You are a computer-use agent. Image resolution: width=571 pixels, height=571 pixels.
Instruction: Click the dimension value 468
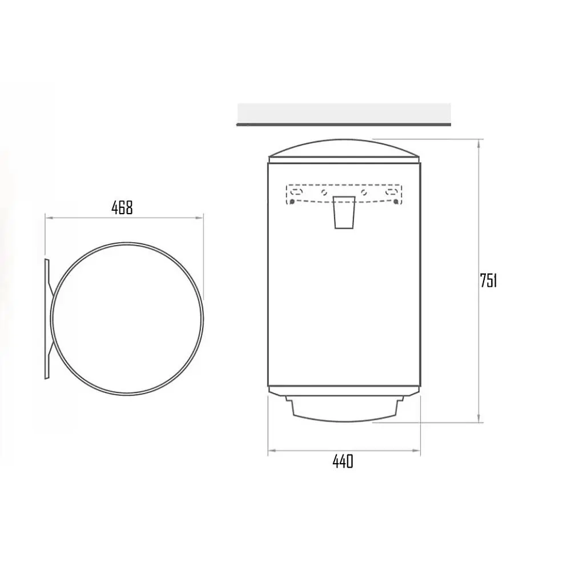122,208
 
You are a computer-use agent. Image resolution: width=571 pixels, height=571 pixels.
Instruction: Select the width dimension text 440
343,461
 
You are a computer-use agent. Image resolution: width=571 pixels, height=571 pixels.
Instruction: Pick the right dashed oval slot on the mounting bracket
392,191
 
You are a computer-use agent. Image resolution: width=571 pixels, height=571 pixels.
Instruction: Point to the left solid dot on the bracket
292,202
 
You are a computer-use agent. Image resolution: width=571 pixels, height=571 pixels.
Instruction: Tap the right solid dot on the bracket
396,201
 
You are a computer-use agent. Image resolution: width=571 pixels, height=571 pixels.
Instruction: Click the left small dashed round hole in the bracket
324,192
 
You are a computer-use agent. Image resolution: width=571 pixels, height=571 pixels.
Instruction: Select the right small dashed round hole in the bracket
363,192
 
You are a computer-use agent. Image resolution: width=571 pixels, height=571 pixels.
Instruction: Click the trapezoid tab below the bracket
344,212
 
